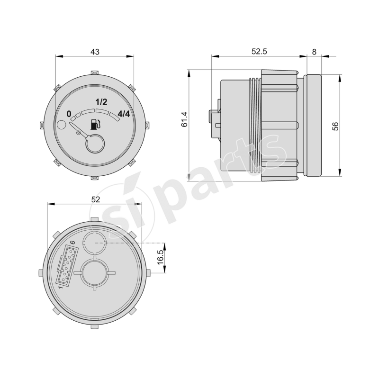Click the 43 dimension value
[x=95, y=52]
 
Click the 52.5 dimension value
[x=259, y=52]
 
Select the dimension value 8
[x=314, y=52]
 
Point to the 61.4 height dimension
[x=184, y=119]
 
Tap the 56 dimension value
[x=335, y=126]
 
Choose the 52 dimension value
[x=96, y=199]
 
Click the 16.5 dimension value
[x=160, y=257]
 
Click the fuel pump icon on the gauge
[x=95, y=124]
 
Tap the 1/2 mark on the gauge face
[x=101, y=102]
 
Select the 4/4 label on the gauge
[x=124, y=114]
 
